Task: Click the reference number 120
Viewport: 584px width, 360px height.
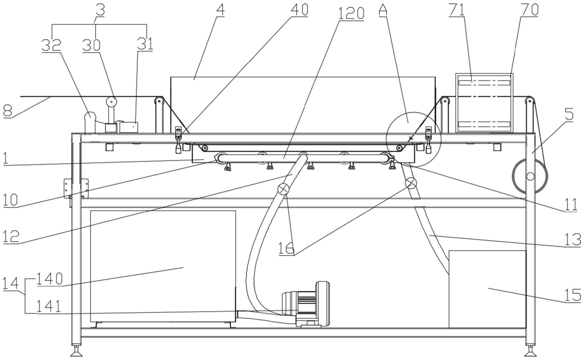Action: coord(351,13)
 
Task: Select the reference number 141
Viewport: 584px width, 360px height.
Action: coord(49,306)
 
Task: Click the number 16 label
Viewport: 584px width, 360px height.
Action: coord(287,248)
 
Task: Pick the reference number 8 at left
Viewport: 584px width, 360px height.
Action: coord(8,111)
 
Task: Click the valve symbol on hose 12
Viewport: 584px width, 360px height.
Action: coord(283,189)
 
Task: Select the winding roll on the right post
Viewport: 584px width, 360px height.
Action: coord(530,176)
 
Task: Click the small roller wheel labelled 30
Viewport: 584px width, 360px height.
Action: coord(111,101)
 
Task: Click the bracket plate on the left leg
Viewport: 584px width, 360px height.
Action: coord(76,188)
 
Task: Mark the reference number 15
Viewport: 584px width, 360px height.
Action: coord(573,295)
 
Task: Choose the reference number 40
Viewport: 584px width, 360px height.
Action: coord(299,9)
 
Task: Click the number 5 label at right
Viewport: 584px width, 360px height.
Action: coord(569,114)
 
